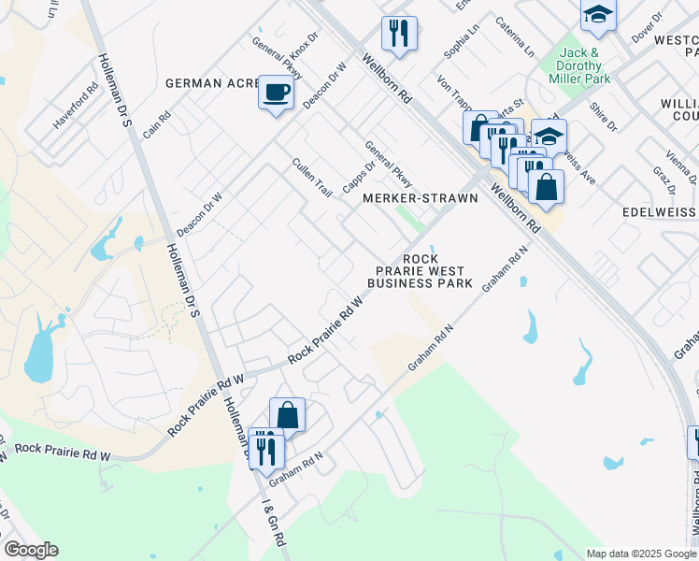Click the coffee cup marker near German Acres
(x=276, y=93)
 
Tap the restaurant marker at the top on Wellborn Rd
(x=399, y=34)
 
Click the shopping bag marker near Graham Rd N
(x=288, y=416)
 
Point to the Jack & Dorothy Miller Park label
(x=584, y=65)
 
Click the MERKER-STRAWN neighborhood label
(x=420, y=198)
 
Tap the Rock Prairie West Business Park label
(x=420, y=270)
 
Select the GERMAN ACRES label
(x=211, y=83)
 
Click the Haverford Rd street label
(x=76, y=109)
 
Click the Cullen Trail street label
(x=312, y=177)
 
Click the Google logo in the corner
(x=31, y=550)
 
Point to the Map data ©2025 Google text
(x=640, y=554)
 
